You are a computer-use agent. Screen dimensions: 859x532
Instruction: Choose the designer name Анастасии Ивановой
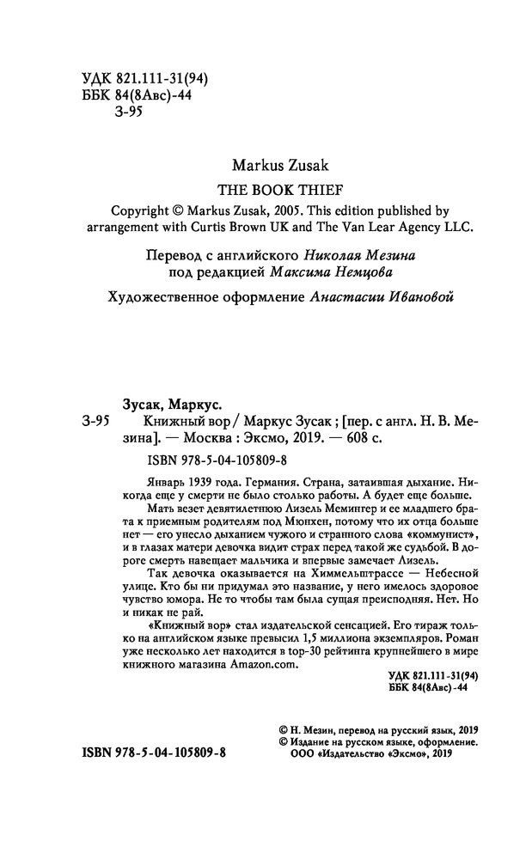coord(377,296)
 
